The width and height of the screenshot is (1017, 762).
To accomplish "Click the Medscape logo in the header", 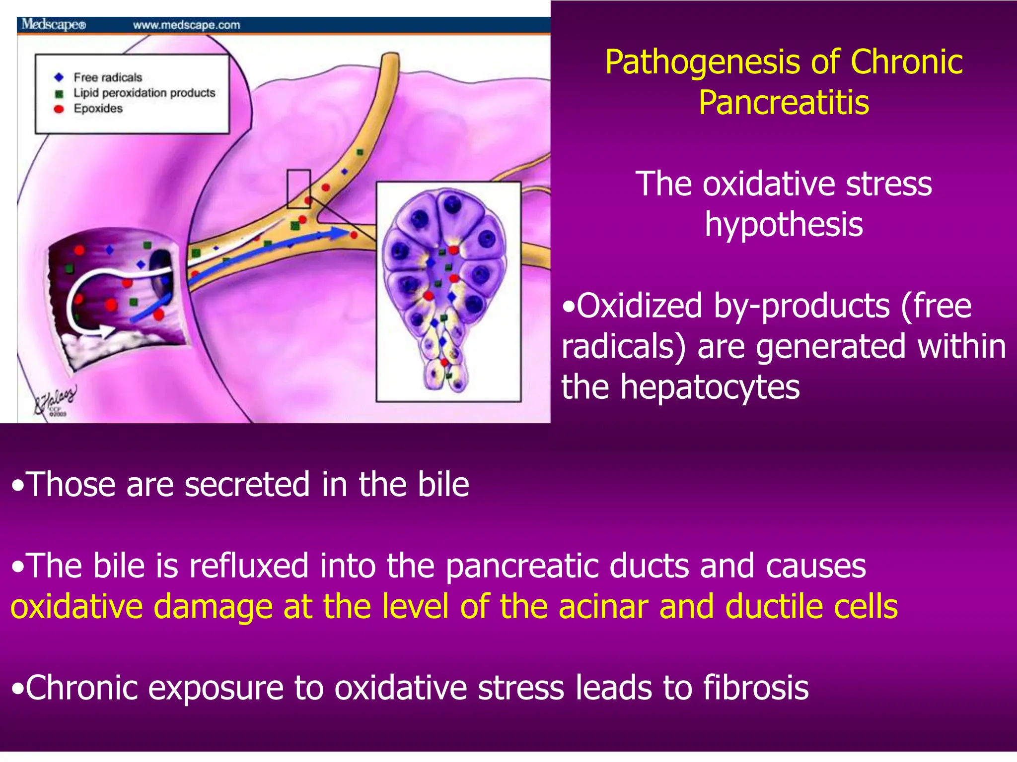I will pos(54,24).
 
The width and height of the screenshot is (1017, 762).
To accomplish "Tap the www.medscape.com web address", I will pos(186,25).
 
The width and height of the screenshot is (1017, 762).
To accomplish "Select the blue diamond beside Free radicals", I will pos(59,77).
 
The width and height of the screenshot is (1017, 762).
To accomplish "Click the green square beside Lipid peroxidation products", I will pos(59,93).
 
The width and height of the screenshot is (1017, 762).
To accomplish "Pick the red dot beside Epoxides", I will pos(59,109).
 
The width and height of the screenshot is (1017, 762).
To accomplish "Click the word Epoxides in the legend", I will pos(98,109).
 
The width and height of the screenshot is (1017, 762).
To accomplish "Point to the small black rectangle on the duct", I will pos(298,189).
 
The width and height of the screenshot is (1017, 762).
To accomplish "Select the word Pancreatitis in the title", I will pos(784,103).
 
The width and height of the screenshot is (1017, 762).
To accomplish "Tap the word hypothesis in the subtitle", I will pos(784,224).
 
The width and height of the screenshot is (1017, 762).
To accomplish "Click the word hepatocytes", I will pos(710,387).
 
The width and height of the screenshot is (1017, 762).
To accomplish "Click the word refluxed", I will pos(248,566).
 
